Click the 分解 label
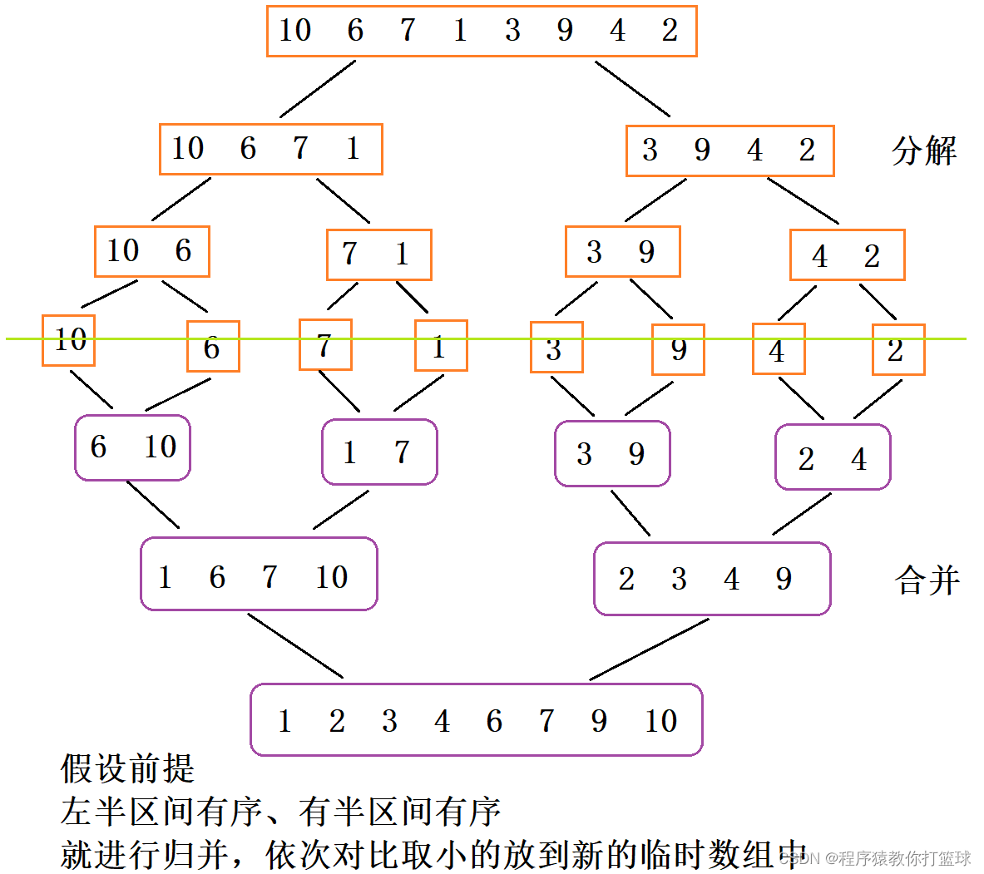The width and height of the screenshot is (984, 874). click(x=923, y=151)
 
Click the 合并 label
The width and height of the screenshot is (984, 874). click(x=927, y=580)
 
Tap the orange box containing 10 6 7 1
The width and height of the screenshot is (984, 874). click(x=270, y=149)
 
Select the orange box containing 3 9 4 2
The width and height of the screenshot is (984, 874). click(x=729, y=151)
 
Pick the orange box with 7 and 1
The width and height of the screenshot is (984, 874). click(x=378, y=254)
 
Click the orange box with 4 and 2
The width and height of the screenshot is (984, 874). click(x=847, y=255)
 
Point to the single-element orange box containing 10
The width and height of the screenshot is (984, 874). click(x=68, y=340)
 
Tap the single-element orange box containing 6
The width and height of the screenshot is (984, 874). click(x=213, y=347)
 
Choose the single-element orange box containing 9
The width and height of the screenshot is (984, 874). click(x=678, y=349)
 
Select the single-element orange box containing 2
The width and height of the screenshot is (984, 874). click(x=898, y=350)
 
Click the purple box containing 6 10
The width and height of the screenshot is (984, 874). click(x=132, y=447)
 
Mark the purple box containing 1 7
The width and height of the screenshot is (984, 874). click(x=379, y=452)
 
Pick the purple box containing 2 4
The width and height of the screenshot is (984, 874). click(x=833, y=457)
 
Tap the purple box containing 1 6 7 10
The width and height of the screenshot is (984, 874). click(x=259, y=575)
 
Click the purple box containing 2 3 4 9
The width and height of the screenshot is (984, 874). click(x=712, y=579)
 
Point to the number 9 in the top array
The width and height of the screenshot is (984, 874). click(x=565, y=31)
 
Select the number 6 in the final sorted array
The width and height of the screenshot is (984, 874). click(x=494, y=721)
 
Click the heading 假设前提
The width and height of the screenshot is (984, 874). click(x=127, y=768)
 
